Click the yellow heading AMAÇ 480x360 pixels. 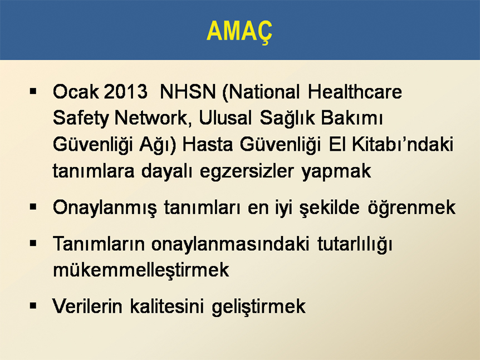239,32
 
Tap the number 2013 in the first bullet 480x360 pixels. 125,91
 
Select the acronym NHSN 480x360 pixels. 188,91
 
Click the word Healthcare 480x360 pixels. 355,91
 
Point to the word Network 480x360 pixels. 150,117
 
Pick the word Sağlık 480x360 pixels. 287,117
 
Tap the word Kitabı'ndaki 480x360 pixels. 402,144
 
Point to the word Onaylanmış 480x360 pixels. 105,208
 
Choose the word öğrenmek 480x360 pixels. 412,208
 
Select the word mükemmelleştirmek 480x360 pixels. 141,270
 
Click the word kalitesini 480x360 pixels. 167,306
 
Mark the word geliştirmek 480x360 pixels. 259,307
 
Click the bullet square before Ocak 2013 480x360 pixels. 33,91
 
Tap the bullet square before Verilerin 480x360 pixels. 33,305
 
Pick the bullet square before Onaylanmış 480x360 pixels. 33,207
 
